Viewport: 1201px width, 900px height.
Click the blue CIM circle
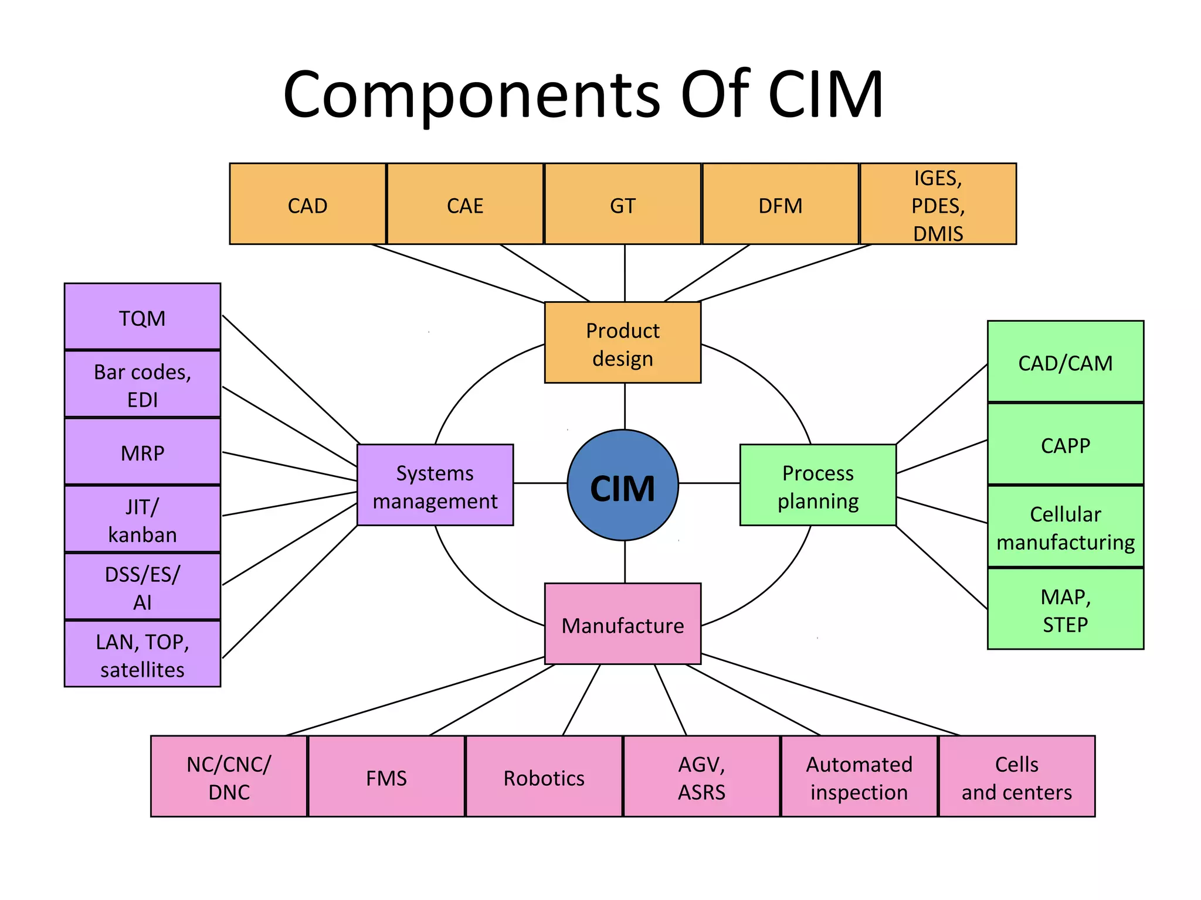pos(623,485)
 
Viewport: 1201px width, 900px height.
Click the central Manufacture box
pos(623,624)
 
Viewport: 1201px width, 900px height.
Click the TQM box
pos(143,317)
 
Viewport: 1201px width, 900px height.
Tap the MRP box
pos(143,452)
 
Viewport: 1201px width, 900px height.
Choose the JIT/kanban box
pos(143,519)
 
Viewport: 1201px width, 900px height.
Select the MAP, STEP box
pos(1066,609)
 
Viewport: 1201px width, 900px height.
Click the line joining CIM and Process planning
pos(710,483)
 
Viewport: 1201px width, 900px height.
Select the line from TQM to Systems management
pos(291,379)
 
